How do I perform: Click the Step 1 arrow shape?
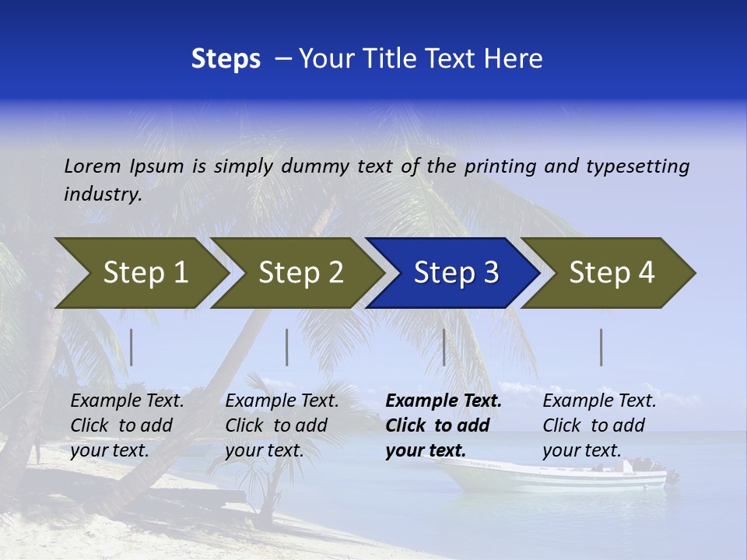tap(140, 273)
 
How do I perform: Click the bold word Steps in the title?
tap(226, 58)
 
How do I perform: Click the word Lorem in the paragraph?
tap(92, 166)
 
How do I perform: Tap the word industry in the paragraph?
tap(103, 194)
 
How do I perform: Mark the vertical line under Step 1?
tap(132, 347)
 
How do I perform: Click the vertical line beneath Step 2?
tap(287, 347)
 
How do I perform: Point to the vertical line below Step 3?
tap(444, 347)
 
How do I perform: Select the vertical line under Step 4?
tap(601, 347)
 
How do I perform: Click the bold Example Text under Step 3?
tap(444, 401)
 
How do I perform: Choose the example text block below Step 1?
tap(127, 425)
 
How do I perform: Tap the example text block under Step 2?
tap(282, 425)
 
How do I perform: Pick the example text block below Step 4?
tap(599, 425)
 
